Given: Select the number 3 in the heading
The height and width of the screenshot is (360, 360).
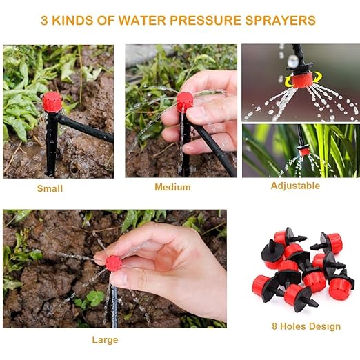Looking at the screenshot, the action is click(x=44, y=20).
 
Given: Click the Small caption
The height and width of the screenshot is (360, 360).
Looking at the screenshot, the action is click(x=50, y=188).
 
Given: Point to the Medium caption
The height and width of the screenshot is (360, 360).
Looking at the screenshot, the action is click(x=172, y=187).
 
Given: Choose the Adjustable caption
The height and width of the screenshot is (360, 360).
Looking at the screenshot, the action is click(x=295, y=186).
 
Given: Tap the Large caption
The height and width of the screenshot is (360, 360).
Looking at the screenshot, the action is click(x=105, y=340).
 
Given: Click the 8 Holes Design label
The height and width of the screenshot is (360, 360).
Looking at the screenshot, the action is click(x=306, y=326).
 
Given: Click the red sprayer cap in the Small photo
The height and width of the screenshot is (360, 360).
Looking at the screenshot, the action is click(x=52, y=102).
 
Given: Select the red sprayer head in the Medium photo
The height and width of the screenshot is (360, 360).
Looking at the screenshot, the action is click(x=185, y=102).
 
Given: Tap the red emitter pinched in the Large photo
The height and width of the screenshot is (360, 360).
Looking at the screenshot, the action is click(x=113, y=263).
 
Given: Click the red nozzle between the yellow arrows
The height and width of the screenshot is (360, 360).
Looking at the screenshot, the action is click(x=302, y=79).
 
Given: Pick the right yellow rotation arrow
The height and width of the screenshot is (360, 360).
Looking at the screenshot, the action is click(x=317, y=78).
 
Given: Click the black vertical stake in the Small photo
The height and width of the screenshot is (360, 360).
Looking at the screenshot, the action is click(x=52, y=143).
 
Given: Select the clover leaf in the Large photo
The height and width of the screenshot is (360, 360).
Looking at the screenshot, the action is click(x=94, y=298).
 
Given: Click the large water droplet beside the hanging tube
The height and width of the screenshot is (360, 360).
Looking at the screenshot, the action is click(x=293, y=61).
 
